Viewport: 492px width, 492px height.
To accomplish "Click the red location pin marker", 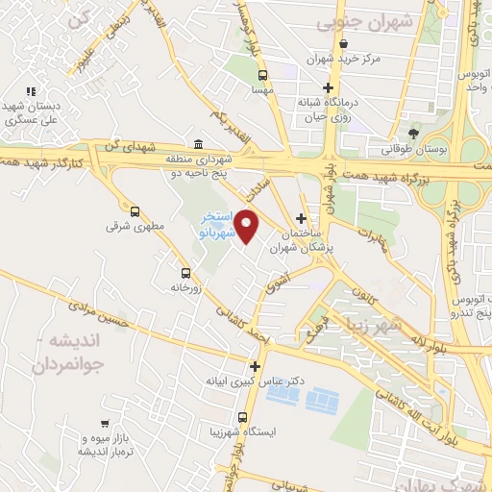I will (248, 227).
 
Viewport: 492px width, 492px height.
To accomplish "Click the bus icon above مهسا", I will (262, 74).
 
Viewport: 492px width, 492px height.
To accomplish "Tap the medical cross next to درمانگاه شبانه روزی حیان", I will (329, 87).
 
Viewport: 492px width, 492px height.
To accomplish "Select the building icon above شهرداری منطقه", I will (198, 144).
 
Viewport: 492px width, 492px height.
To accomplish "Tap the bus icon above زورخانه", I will (185, 272).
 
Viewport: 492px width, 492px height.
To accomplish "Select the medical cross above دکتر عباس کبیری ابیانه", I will (255, 365).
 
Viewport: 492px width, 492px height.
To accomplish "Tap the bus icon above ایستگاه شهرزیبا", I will (242, 418).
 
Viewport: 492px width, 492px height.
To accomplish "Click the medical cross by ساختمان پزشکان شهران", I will (303, 219).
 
